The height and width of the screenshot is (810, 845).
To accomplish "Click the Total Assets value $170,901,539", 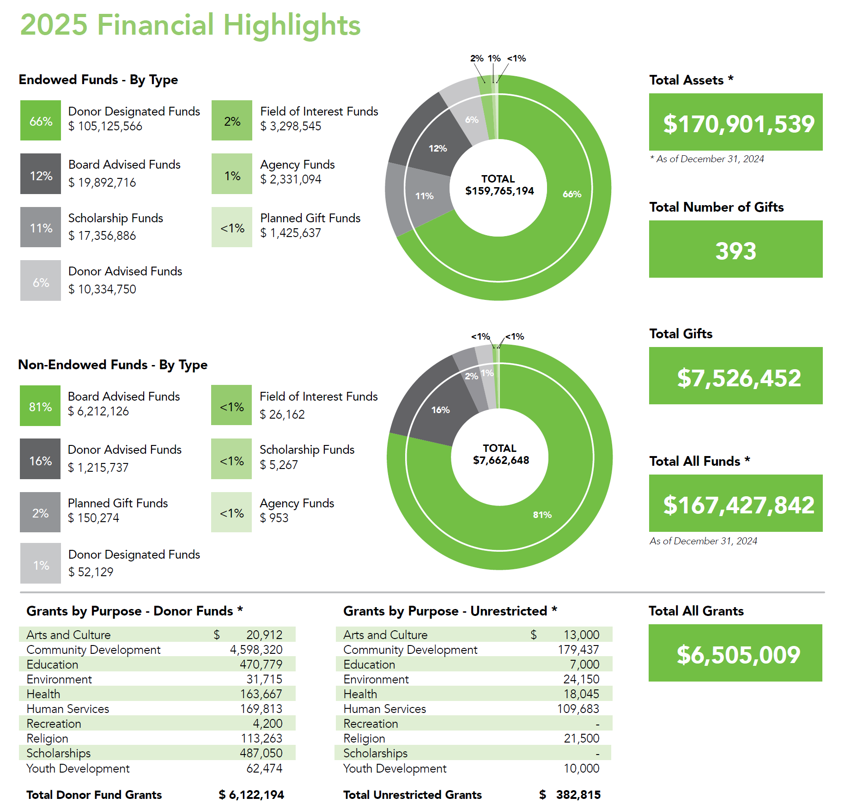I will coord(738,123).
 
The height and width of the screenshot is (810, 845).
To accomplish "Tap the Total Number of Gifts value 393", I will coord(736,251).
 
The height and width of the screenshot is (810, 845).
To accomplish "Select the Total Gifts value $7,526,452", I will coord(738,378).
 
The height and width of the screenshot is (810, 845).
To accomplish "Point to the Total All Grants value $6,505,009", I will coord(738,654).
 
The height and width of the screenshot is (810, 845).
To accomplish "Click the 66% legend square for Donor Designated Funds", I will coord(41,121).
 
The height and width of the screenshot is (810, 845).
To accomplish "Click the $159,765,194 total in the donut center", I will coord(499,191).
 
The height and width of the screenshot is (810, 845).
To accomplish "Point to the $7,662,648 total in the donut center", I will coord(501,460).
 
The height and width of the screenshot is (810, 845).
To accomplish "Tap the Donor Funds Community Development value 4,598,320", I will coord(256,650).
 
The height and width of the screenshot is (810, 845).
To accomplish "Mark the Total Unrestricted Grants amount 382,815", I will coord(578,795).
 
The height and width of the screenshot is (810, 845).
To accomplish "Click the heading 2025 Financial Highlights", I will coord(190,24).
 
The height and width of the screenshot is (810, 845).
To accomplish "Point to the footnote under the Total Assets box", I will coord(707,159).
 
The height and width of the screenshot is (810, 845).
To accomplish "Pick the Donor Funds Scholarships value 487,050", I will coord(261,753).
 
